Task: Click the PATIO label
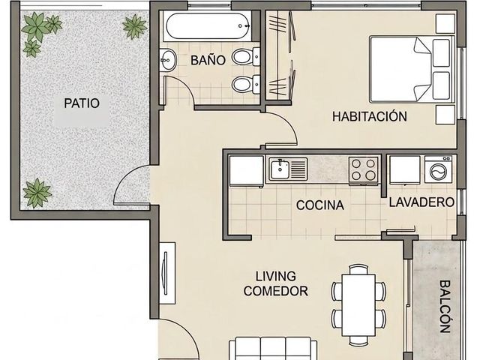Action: [82, 103]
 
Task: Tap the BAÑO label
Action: [208, 60]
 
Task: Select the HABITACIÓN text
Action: [370, 116]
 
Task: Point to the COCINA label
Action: [320, 205]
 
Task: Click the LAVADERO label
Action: [421, 202]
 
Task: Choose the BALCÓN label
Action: [445, 307]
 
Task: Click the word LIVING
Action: [276, 277]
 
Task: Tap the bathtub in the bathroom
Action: [208, 25]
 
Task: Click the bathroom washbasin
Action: [168, 60]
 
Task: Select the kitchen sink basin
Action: [280, 169]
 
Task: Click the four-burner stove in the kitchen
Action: [363, 169]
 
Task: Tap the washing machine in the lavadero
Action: [438, 169]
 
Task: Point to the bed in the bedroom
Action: [412, 69]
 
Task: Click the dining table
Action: [358, 305]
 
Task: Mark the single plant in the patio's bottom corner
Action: [37, 193]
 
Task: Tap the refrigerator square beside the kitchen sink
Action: [247, 170]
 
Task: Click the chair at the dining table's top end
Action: [358, 269]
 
